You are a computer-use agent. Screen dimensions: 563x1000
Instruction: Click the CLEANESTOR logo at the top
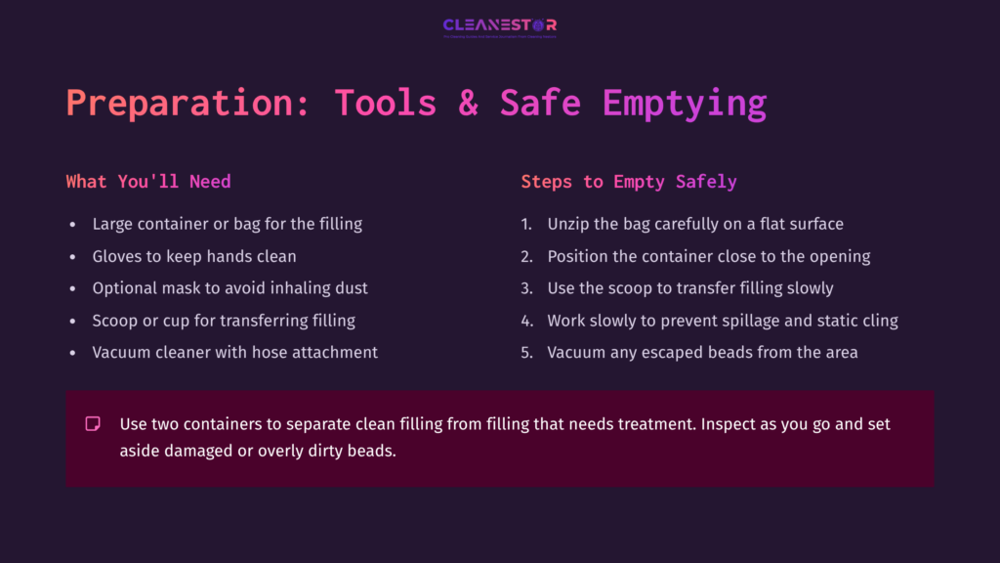[x=499, y=26]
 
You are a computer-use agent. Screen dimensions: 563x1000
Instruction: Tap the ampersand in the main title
[x=469, y=103]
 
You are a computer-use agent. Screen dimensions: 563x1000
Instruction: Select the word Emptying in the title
[x=684, y=103]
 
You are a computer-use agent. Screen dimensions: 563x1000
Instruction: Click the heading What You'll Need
[x=148, y=182]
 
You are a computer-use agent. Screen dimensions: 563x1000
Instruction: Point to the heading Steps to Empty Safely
[x=629, y=182]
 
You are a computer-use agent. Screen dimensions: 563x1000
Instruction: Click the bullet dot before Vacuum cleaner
[x=72, y=352]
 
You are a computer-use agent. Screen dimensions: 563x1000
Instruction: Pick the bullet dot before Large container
[x=72, y=225]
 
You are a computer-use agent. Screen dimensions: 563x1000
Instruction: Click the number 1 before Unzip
[x=525, y=225]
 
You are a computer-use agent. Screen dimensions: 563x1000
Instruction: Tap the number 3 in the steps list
[x=525, y=288]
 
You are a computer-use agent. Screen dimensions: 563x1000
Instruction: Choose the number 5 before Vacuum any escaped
[x=525, y=352]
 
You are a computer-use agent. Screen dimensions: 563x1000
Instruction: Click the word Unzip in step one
[x=568, y=224]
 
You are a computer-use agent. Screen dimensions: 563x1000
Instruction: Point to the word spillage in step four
[x=749, y=320]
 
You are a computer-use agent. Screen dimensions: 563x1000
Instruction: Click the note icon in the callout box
[x=93, y=424]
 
